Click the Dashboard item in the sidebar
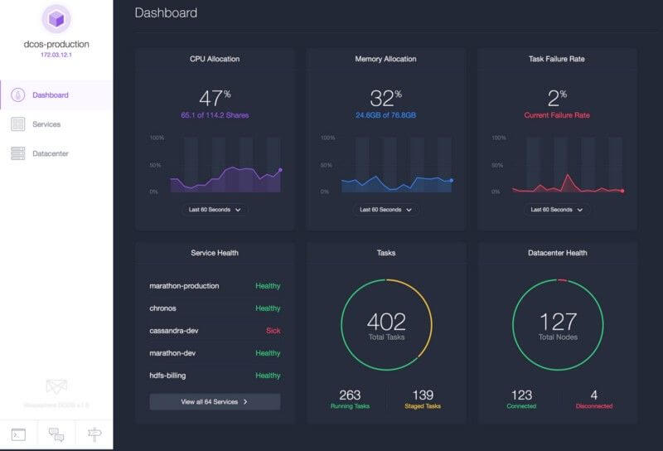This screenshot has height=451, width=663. coord(50,95)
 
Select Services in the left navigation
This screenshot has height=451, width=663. coord(46,124)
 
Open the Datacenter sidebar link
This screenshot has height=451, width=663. coord(50,153)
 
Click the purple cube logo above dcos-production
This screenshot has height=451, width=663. coord(56,18)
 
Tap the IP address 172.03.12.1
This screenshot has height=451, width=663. coord(56,55)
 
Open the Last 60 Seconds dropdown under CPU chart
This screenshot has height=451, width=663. coord(215,210)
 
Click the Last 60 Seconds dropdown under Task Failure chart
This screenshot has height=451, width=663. coord(557,210)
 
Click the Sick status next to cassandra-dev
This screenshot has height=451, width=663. coord(273,331)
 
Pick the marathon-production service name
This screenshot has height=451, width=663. coord(184,286)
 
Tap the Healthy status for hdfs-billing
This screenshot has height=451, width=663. coord(268,376)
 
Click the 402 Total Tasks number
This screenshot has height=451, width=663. coord(385,322)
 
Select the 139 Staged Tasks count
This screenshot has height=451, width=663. coord(423,395)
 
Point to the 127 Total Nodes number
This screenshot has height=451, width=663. coord(557,322)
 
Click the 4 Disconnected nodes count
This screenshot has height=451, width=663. coord(593,395)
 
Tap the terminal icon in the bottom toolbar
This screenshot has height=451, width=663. coord(18,434)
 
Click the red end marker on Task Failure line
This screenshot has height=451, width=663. coord(622,191)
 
